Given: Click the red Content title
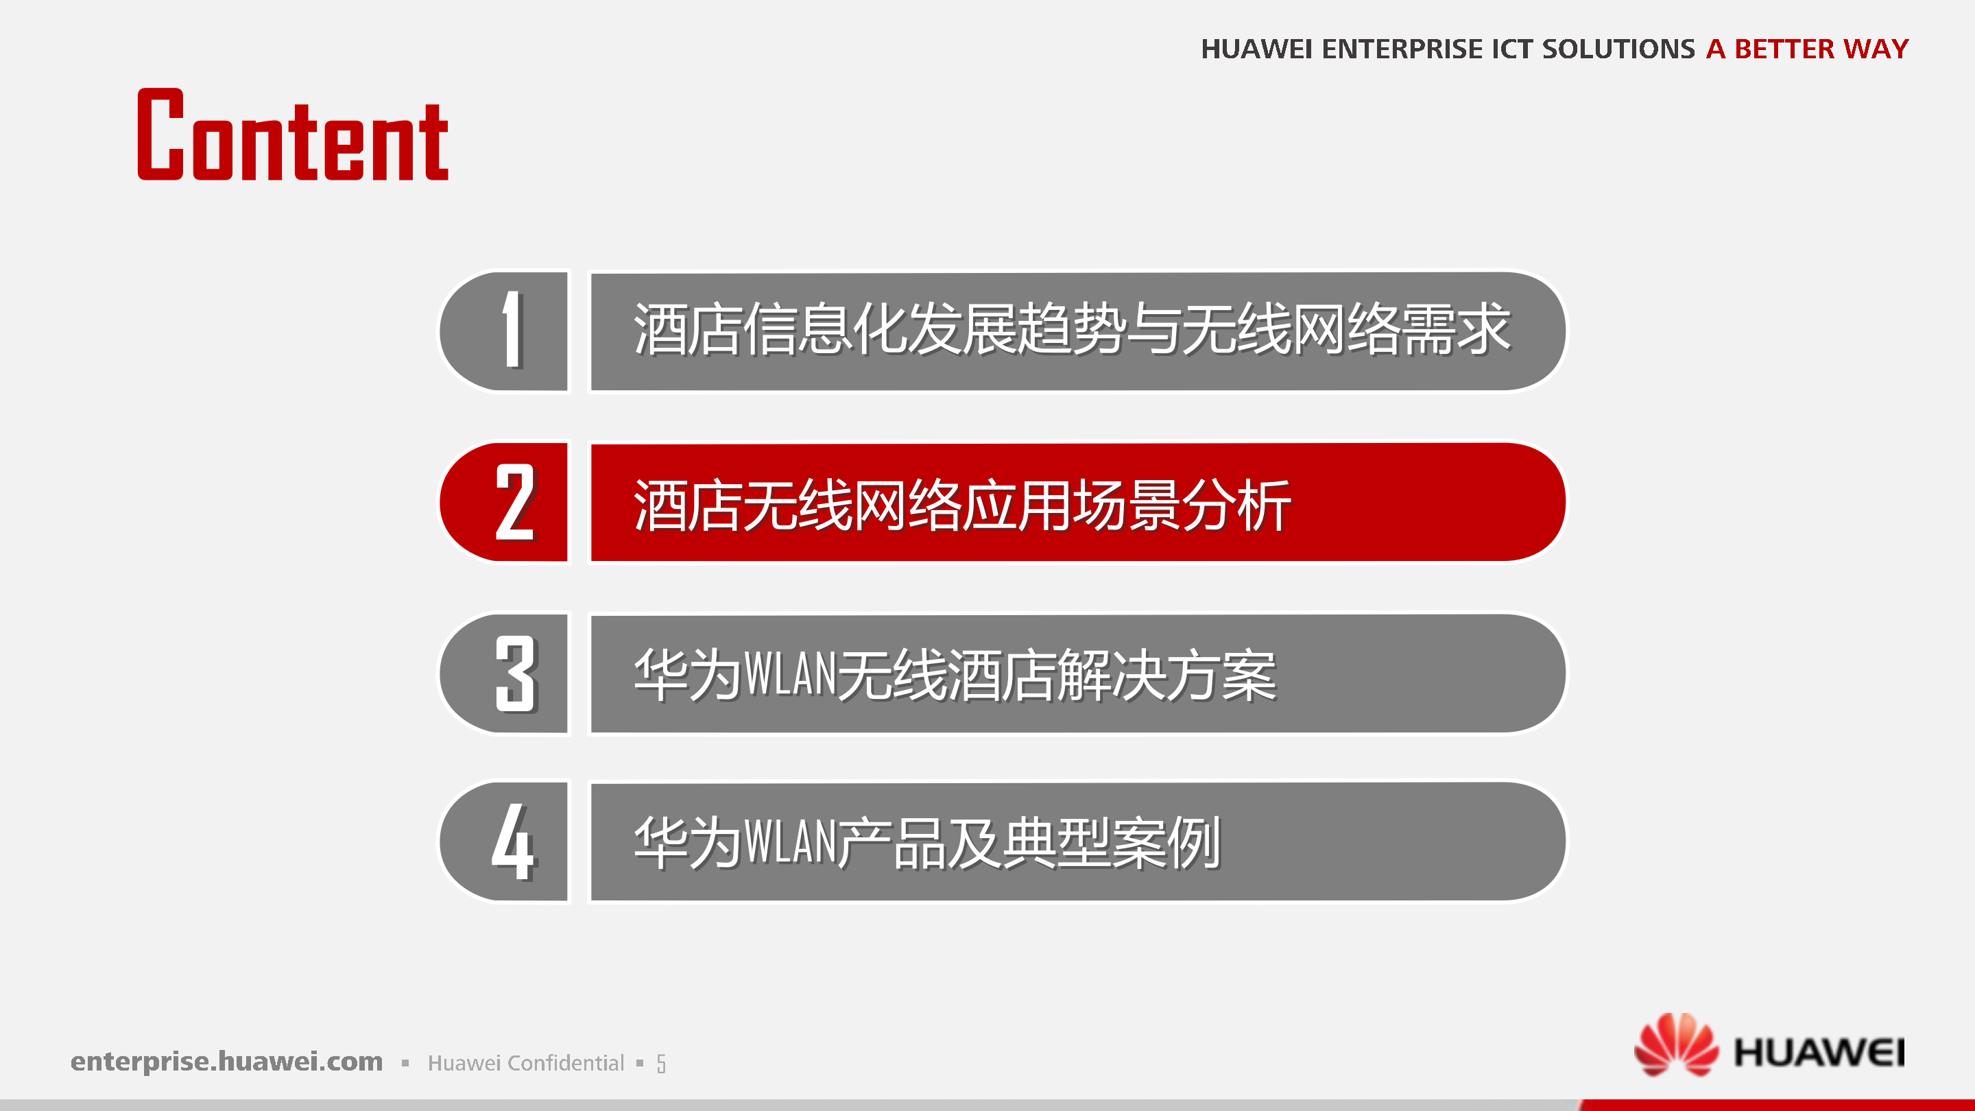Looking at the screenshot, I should pos(292,136).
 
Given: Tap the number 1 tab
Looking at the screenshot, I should pos(506,331).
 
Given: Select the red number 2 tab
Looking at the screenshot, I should pos(506,502).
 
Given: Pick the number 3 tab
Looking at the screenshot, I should pos(506,673).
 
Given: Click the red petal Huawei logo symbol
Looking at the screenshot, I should pos(1676,1044).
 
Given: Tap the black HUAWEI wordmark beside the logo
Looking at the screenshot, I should pos(1819,1052).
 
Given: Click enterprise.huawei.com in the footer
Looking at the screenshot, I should pos(226,1061).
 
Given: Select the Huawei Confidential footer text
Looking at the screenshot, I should pos(526,1063).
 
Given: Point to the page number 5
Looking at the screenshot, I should pos(661,1064).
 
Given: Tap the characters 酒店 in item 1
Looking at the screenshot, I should pos(688,330).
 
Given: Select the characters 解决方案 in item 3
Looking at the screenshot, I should pos(1165,675).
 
